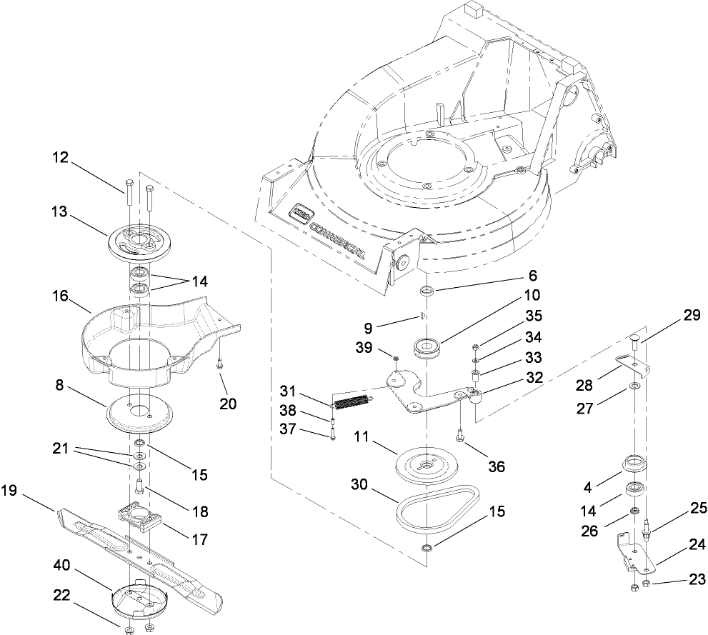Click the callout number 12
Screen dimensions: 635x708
coord(62,159)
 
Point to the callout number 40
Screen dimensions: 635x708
coord(62,564)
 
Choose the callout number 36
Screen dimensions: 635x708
coord(496,466)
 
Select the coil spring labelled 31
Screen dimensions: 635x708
coord(351,403)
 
